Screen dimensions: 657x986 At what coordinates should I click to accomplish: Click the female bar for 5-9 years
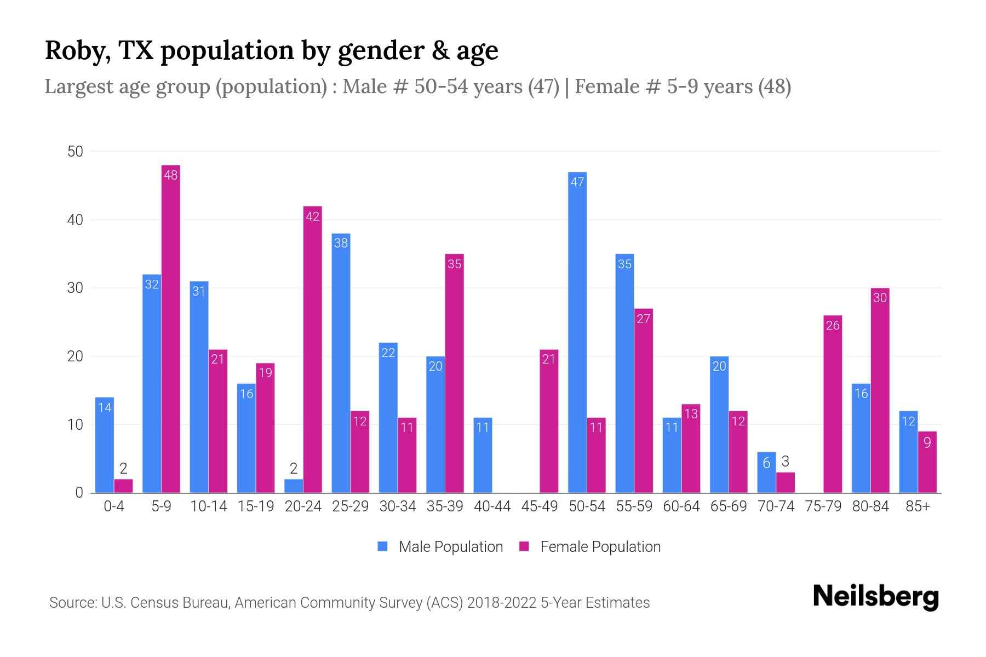click(x=171, y=328)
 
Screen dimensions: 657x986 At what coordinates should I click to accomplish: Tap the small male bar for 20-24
click(x=294, y=486)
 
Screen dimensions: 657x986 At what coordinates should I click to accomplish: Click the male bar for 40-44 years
click(x=483, y=455)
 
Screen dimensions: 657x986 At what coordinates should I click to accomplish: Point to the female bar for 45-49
click(x=549, y=421)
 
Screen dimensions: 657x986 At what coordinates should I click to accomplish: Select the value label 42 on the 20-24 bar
click(x=312, y=217)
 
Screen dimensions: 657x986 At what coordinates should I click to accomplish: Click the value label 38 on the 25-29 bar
click(x=341, y=243)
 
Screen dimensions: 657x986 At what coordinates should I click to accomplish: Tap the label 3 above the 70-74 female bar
click(x=785, y=462)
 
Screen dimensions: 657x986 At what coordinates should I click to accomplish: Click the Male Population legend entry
click(x=440, y=546)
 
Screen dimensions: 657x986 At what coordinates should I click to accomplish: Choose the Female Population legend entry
click(x=590, y=546)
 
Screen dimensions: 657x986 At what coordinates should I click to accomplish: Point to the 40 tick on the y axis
click(x=75, y=220)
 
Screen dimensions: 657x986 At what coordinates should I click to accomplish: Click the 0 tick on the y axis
click(x=79, y=493)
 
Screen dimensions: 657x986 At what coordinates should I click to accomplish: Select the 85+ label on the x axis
click(x=918, y=506)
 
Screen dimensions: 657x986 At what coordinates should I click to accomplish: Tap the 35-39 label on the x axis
click(x=445, y=506)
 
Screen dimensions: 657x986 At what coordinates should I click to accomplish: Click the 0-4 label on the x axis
click(x=114, y=506)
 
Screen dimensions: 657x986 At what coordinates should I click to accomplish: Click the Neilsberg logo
click(x=875, y=597)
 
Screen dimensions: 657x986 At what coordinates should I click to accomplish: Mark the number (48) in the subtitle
click(x=775, y=87)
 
